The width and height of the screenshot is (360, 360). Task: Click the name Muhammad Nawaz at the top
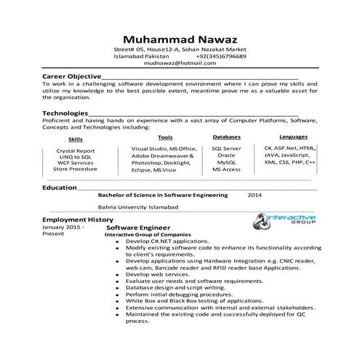click(x=180, y=39)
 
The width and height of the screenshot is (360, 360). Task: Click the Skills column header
click(x=75, y=138)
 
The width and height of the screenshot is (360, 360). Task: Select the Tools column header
click(x=165, y=137)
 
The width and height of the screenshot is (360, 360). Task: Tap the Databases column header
click(x=226, y=137)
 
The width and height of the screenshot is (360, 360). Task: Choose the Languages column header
click(x=293, y=137)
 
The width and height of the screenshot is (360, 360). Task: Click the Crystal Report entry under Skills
click(x=75, y=151)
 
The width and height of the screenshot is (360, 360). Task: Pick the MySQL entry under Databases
click(x=226, y=161)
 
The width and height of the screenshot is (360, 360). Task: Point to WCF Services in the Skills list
click(x=75, y=163)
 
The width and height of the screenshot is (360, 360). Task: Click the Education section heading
click(x=59, y=188)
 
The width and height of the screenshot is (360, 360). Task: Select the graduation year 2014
click(x=255, y=195)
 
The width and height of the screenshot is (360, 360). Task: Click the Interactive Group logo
click(x=284, y=220)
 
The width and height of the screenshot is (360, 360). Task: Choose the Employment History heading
click(x=77, y=219)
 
